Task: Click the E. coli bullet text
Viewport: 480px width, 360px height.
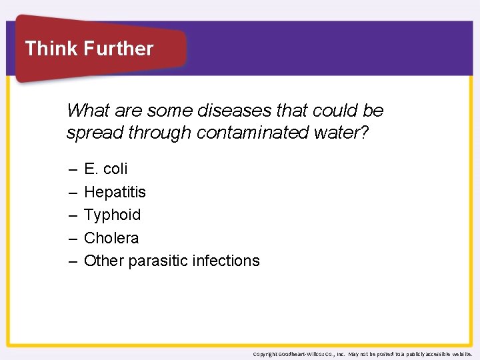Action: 105,169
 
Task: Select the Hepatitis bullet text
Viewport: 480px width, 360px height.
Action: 115,192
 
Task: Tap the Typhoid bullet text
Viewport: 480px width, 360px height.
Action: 112,215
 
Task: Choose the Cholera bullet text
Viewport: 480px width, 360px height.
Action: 111,238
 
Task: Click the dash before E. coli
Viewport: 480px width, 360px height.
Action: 72,169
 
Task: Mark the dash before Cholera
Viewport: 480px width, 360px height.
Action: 72,239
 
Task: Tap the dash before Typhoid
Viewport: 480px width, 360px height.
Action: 72,215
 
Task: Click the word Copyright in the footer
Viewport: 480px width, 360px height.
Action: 266,354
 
